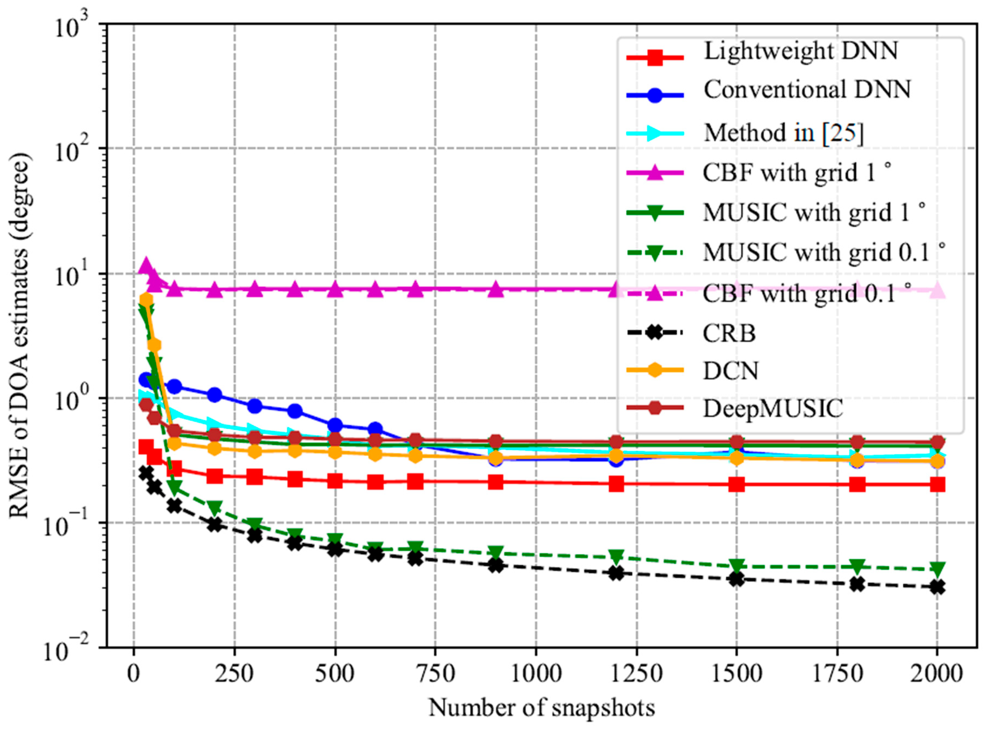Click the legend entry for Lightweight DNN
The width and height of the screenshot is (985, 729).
(800, 52)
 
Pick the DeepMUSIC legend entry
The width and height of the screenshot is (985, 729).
(773, 409)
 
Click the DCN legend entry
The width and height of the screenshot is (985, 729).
(731, 371)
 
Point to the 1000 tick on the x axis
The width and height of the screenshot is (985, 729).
(536, 674)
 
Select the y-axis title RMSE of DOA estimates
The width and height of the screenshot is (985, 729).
(20, 335)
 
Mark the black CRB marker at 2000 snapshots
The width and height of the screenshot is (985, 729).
(937, 587)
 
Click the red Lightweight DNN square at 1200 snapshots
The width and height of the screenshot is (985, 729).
(616, 484)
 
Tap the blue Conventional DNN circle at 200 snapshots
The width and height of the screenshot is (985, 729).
(215, 394)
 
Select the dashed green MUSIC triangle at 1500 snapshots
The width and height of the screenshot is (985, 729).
(736, 565)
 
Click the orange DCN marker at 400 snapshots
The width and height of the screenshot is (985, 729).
(295, 450)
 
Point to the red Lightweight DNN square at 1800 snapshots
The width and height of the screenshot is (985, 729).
(857, 484)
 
